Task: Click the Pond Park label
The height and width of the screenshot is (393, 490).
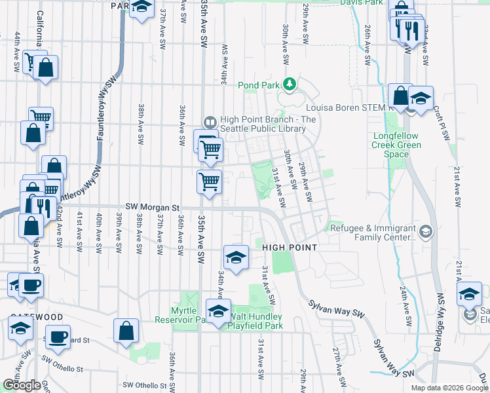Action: [x=259, y=84]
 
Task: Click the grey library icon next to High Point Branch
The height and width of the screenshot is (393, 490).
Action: [x=210, y=121]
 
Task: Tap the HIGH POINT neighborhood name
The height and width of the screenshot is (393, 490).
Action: [x=290, y=248]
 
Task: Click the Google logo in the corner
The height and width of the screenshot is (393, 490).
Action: [x=22, y=385]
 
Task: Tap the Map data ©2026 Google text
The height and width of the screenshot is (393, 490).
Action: [x=449, y=388]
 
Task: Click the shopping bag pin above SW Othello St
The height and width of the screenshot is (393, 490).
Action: [x=126, y=331]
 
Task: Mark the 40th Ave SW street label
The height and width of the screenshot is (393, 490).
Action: [x=99, y=233]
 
